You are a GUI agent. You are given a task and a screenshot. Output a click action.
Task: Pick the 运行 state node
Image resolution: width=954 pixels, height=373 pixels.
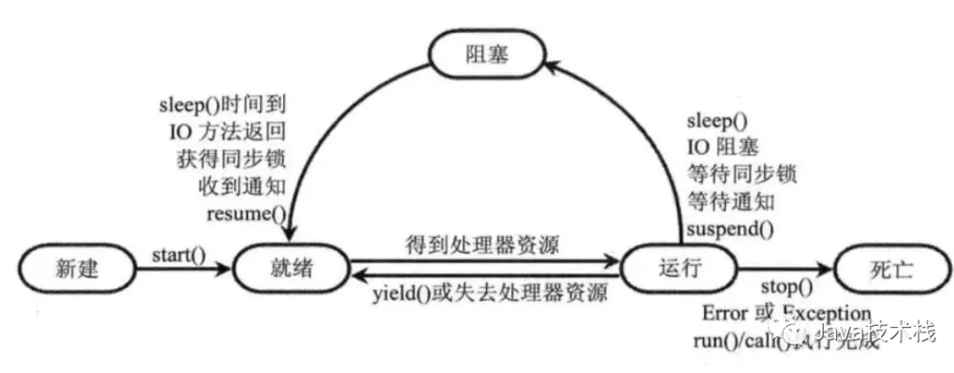tap(678, 267)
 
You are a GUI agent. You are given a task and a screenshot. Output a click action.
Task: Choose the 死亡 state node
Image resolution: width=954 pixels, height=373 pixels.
tap(887, 267)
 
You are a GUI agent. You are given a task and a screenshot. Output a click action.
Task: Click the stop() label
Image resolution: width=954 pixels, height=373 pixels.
tap(786, 287)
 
